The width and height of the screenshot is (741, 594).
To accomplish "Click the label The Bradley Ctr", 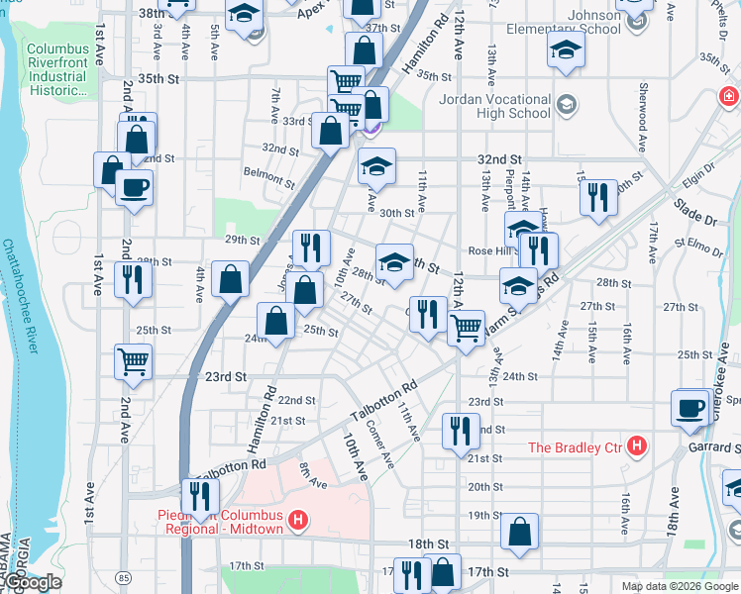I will [x=574, y=446].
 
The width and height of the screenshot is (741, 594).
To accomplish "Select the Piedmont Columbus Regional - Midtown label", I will [x=220, y=521].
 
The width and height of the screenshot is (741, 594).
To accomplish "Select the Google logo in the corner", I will [x=33, y=582].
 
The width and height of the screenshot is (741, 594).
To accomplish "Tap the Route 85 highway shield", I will [x=122, y=575].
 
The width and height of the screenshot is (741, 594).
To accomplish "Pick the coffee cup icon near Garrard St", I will [x=689, y=406].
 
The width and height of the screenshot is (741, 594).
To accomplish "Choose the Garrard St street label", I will [x=712, y=447].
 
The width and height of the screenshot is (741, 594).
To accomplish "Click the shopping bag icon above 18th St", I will [x=520, y=533].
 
